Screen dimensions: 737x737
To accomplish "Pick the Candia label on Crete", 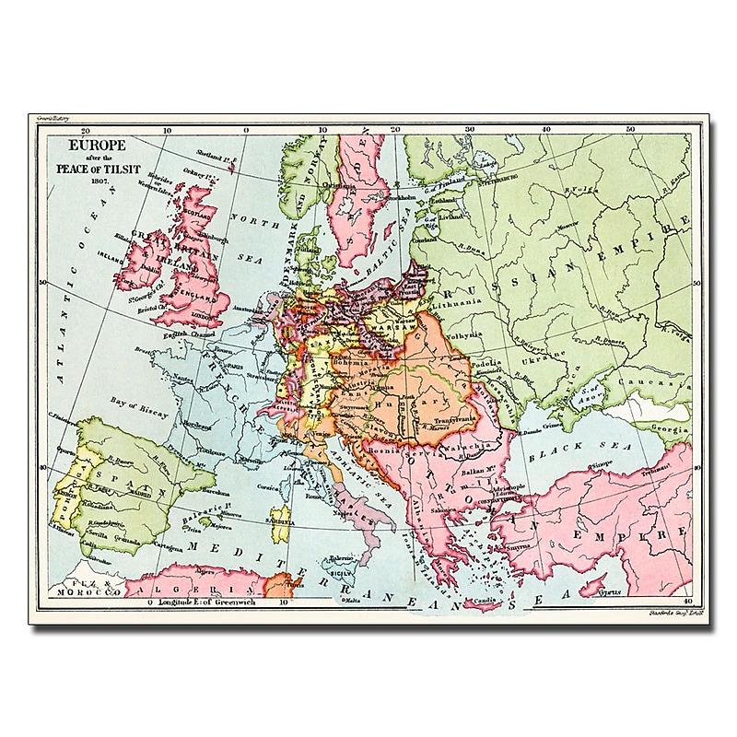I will pyautogui.click(x=486, y=604).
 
